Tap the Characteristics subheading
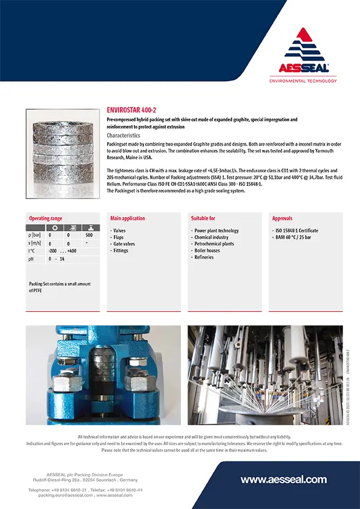[123, 135]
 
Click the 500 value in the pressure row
[89, 235]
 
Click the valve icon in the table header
[89, 228]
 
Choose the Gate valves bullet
[124, 244]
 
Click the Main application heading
[128, 218]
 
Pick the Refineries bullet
[205, 258]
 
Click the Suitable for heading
[203, 218]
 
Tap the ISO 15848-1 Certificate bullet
[296, 231]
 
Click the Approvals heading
[283, 218]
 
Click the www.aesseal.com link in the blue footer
[284, 479]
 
